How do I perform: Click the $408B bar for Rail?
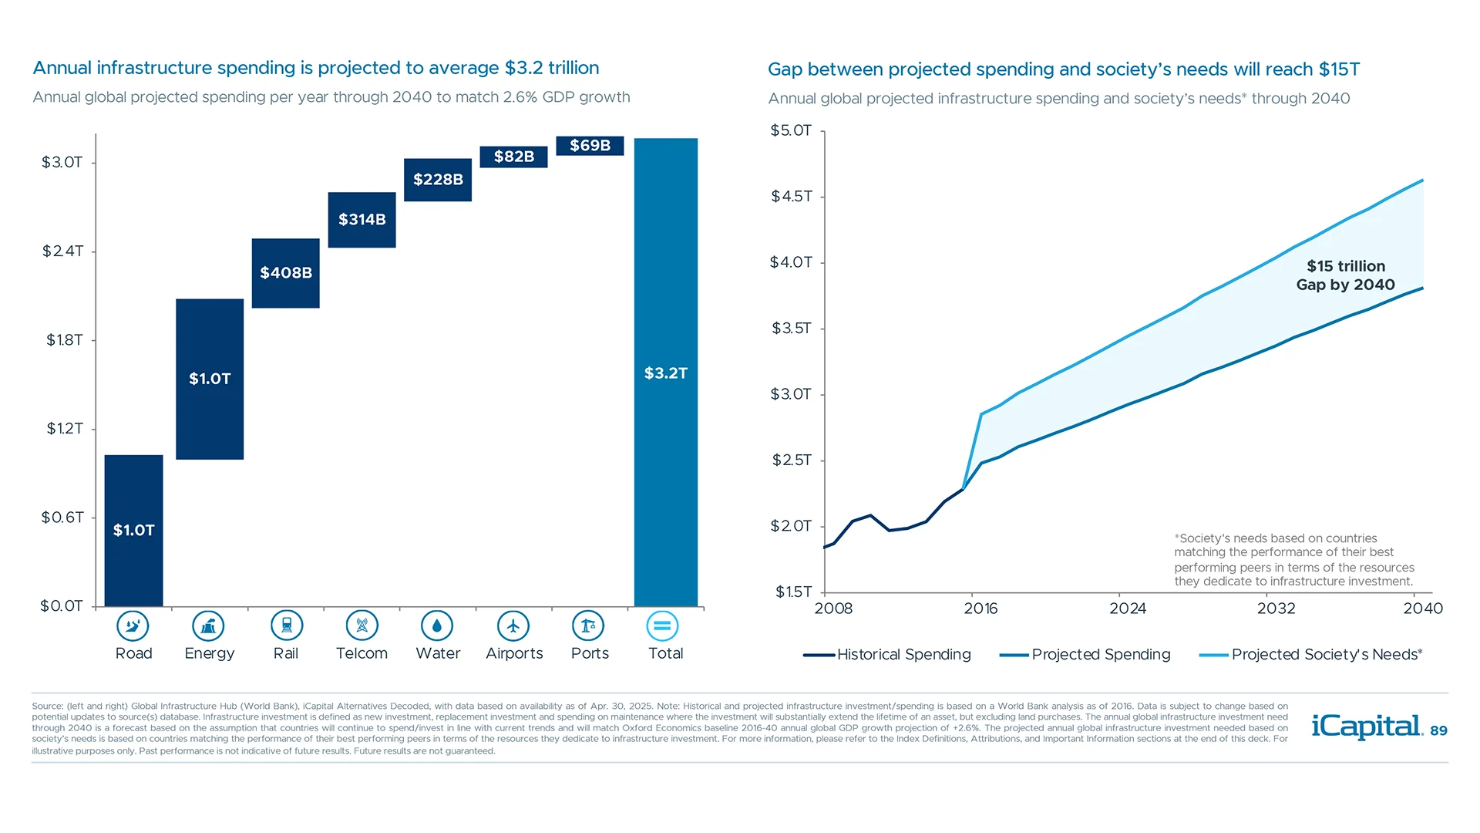point(285,273)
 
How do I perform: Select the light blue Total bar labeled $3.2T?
point(665,373)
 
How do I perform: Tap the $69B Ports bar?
point(590,145)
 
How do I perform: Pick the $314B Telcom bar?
point(362,220)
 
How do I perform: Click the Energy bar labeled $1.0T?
point(210,379)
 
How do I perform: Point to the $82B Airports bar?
point(513,157)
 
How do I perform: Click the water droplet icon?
point(437,626)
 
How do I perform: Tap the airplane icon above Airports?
point(513,626)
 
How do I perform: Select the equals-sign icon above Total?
point(662,626)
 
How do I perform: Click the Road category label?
point(134,653)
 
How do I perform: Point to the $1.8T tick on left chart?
point(65,340)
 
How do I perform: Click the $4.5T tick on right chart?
point(792,197)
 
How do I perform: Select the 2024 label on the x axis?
point(1127,609)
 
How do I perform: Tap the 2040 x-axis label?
point(1422,609)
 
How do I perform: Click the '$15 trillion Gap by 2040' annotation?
point(1345,275)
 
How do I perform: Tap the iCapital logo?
point(1367,727)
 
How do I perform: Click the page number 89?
point(1438,731)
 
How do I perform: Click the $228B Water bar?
point(438,180)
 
